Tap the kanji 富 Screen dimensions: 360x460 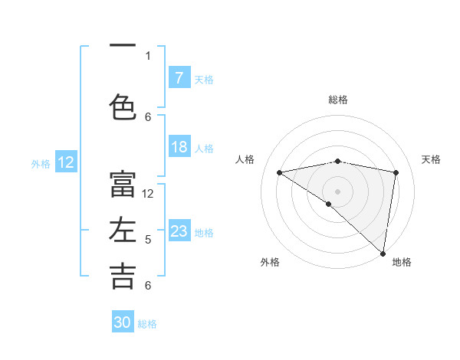pyautogui.click(x=123, y=184)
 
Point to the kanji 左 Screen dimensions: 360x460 pyautogui.click(x=123, y=231)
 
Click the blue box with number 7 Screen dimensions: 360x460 pyautogui.click(x=179, y=78)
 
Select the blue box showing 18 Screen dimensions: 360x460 pyautogui.click(x=179, y=147)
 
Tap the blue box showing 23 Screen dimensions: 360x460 pyautogui.click(x=179, y=231)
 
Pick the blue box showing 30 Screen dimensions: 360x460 pyautogui.click(x=123, y=322)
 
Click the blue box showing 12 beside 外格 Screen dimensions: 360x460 pyautogui.click(x=66, y=162)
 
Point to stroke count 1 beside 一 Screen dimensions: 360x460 pyautogui.click(x=148, y=55)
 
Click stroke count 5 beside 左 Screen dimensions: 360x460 pyautogui.click(x=148, y=240)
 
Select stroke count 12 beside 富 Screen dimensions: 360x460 pyautogui.click(x=148, y=194)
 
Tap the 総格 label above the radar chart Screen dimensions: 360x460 pyautogui.click(x=338, y=100)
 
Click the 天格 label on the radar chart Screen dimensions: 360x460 pyautogui.click(x=431, y=159)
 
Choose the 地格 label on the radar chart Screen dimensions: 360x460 pyautogui.click(x=402, y=262)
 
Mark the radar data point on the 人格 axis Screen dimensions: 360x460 pyautogui.click(x=280, y=172)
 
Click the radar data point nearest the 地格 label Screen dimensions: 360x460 pyautogui.click(x=383, y=253)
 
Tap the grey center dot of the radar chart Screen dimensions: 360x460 pyautogui.click(x=337, y=191)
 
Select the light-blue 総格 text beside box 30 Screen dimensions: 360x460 pyautogui.click(x=147, y=324)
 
